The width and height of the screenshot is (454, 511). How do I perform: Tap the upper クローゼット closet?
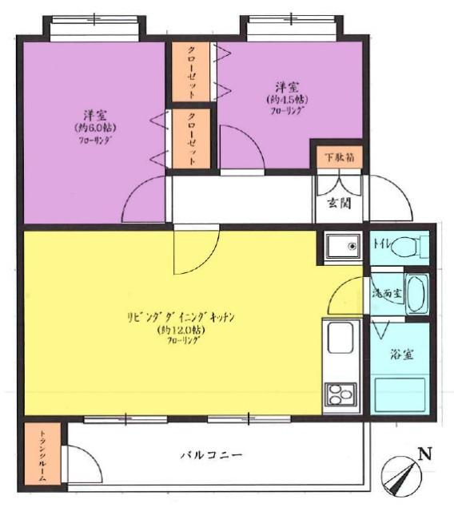(x=192, y=69)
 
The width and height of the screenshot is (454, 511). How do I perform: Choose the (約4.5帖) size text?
(x=289, y=100)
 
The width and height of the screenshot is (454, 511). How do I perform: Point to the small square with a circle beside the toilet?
(x=344, y=246)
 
